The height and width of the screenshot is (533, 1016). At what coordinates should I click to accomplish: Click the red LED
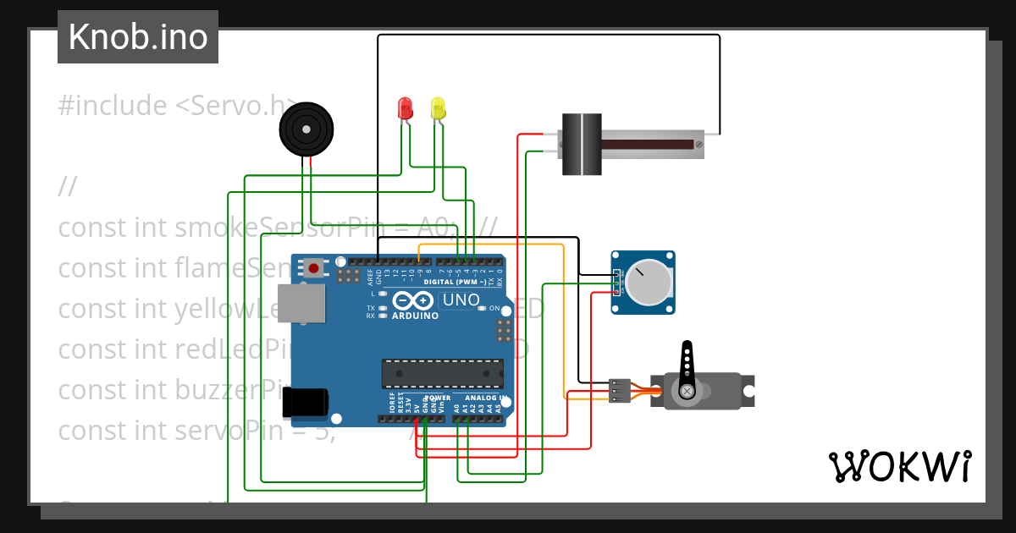click(405, 107)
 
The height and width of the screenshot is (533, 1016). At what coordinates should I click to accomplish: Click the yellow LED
click(438, 107)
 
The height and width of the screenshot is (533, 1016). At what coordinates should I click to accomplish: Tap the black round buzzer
click(306, 129)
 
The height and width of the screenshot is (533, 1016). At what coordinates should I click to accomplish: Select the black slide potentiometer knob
click(582, 144)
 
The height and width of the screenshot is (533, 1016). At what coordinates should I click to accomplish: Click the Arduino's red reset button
click(314, 268)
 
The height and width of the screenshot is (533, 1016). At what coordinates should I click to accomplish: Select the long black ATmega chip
click(442, 373)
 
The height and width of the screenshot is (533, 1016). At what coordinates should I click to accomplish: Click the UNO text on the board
click(461, 300)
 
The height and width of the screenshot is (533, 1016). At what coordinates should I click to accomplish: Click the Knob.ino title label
click(138, 37)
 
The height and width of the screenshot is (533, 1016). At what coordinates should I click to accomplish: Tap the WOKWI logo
click(899, 466)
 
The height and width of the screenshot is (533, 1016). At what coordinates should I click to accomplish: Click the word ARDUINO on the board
click(415, 316)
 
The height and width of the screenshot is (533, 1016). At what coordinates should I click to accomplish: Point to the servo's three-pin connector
click(619, 390)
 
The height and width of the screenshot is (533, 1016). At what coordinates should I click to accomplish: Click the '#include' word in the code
click(113, 106)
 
